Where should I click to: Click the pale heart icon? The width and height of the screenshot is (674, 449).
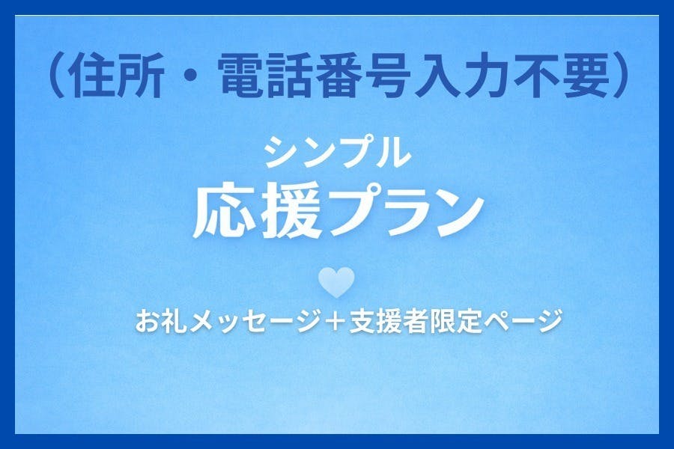tap(336, 283)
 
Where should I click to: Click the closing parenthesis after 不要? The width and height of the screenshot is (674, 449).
tap(621, 79)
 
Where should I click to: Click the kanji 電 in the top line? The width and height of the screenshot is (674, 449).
tap(243, 79)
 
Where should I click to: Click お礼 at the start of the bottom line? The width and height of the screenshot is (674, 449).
tap(160, 322)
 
